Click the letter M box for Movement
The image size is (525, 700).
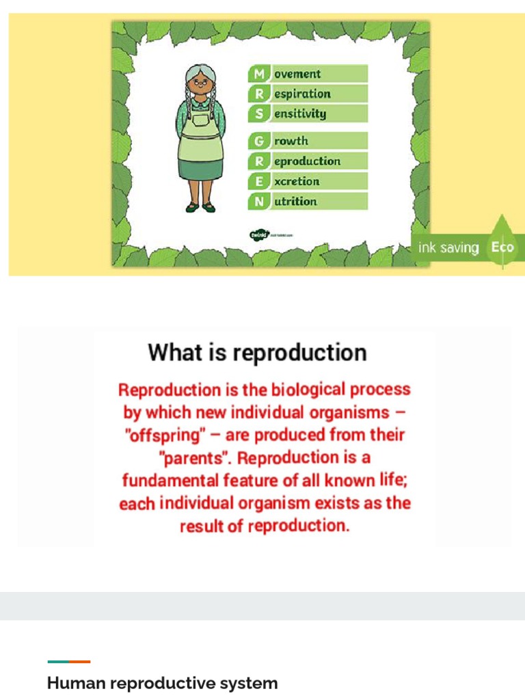click(x=259, y=74)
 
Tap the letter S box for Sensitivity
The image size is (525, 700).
click(x=259, y=114)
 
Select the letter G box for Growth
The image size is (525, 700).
click(x=259, y=142)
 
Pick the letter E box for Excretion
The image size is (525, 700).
click(x=259, y=181)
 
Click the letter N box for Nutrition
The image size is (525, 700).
click(x=259, y=202)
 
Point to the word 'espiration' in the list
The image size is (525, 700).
click(x=302, y=94)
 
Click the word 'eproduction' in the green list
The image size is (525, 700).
click(x=307, y=161)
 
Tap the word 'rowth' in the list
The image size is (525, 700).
click(x=291, y=142)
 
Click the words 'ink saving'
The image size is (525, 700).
click(x=448, y=247)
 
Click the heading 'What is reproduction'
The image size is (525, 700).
click(x=257, y=353)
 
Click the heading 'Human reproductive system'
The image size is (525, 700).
click(x=162, y=683)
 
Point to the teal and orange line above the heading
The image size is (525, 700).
click(x=68, y=661)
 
